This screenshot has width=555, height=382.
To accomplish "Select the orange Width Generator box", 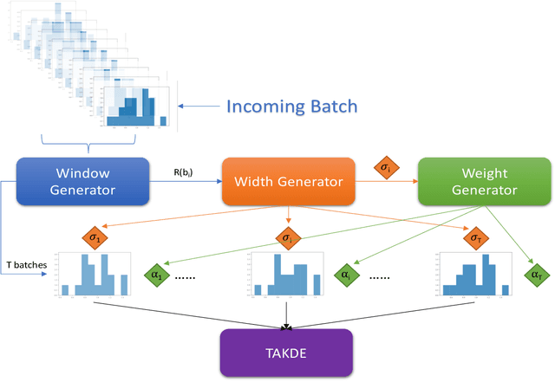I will [288, 181].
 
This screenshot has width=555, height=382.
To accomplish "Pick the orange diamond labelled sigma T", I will [473, 236].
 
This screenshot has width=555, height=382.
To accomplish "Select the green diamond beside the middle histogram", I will [345, 276].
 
